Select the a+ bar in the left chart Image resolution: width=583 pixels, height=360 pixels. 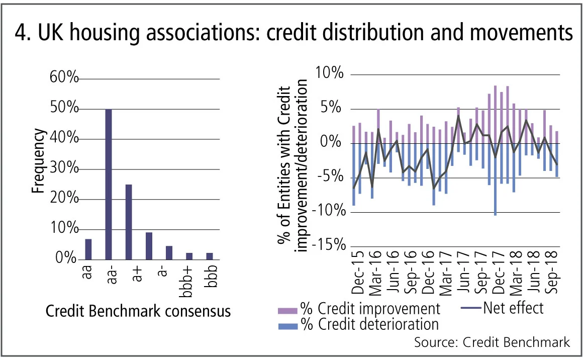click(129, 222)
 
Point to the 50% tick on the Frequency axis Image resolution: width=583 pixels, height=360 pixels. click(64, 109)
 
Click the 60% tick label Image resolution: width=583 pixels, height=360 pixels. click(64, 78)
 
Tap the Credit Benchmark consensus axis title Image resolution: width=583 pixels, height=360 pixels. click(138, 311)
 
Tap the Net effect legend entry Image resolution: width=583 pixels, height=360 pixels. click(502, 307)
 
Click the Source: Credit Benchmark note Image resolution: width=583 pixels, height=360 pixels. click(492, 342)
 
